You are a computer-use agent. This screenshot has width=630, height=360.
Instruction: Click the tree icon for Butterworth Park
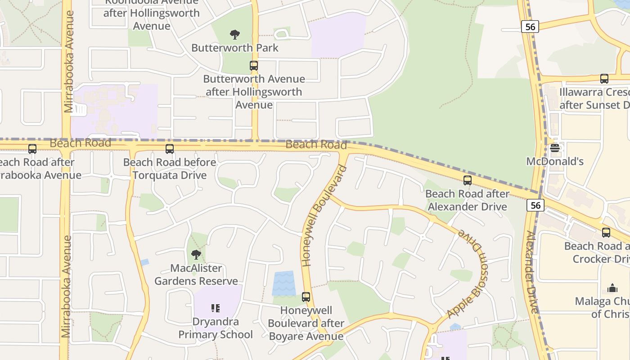coord(234,34)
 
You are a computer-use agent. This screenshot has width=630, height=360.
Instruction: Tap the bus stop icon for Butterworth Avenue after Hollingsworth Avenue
coord(254,66)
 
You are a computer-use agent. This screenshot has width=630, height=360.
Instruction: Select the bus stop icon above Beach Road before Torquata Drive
coord(170,149)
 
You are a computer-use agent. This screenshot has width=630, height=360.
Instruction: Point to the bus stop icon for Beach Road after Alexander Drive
coord(468,180)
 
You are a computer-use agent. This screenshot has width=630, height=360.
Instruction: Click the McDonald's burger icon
coord(555,148)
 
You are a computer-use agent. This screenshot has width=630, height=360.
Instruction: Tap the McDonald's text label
coord(555,162)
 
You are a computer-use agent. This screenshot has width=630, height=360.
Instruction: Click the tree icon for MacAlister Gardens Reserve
coord(196,255)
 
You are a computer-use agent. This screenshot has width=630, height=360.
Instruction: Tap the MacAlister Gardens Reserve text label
coord(196,274)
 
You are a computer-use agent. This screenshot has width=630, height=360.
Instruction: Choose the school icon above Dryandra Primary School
coord(216,308)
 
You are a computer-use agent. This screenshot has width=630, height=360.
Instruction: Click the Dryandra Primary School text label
coord(216,328)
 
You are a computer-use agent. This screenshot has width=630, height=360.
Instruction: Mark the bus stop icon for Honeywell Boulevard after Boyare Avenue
coord(306,297)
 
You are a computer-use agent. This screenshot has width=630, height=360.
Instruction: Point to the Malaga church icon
coord(612,288)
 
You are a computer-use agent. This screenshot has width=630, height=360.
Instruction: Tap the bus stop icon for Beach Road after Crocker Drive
coord(606,233)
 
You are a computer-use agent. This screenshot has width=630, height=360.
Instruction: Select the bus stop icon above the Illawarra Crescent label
coord(604,79)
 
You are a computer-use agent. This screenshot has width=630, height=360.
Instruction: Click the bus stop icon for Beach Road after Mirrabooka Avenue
coord(32,149)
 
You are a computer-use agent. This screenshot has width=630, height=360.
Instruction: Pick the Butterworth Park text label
coord(235,48)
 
